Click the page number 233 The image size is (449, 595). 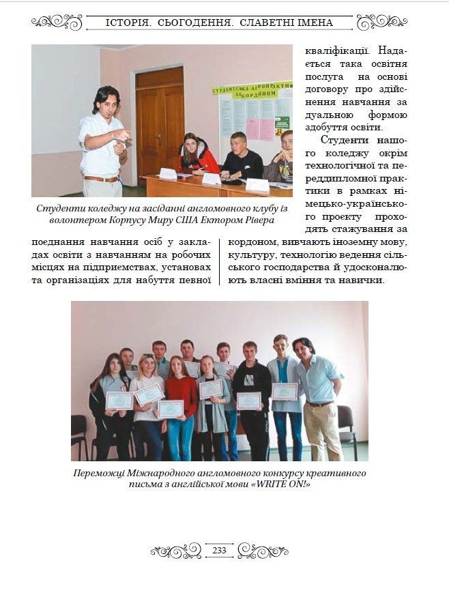(220, 550)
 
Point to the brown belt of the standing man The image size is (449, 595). (100, 179)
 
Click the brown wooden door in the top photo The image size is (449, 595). (160, 119)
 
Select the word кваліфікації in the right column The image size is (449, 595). (334, 50)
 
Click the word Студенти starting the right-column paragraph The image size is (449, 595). (344, 140)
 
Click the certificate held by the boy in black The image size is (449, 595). (248, 401)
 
